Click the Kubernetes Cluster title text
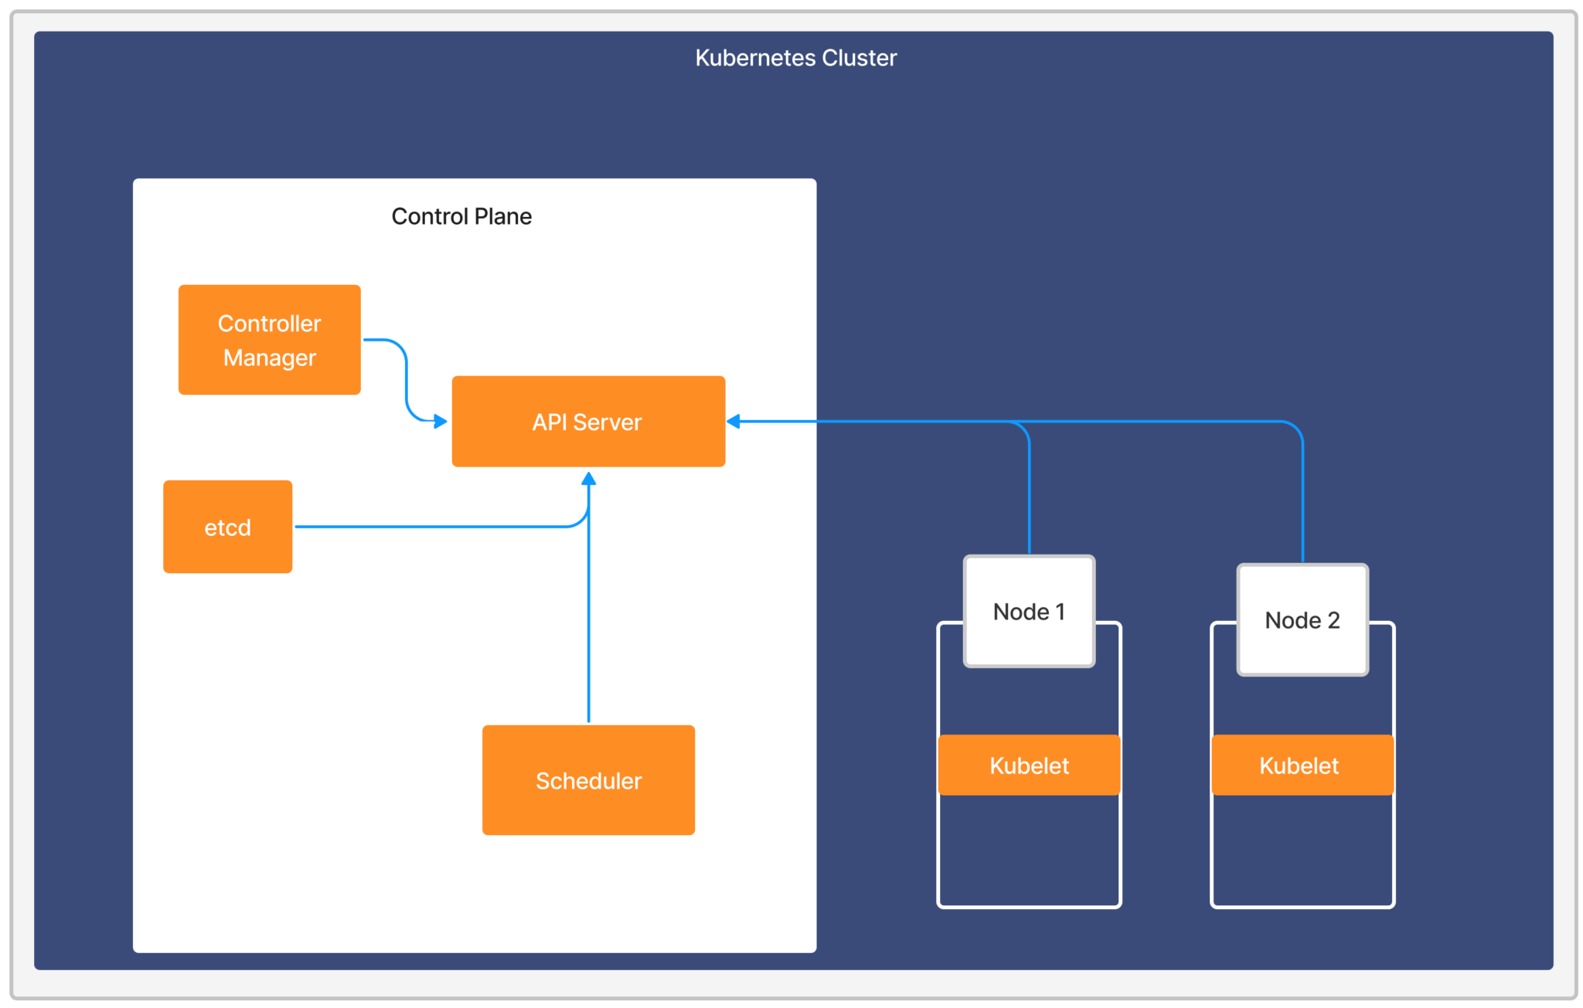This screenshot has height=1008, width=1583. pos(795,58)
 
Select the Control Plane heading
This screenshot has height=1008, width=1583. pos(461,216)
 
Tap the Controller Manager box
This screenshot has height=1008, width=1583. pos(269,340)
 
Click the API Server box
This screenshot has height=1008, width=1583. pos(588,422)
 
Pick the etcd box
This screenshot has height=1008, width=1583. pos(227,527)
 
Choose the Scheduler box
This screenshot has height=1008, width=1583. pos(588,780)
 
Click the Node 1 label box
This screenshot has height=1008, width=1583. pos(1029,611)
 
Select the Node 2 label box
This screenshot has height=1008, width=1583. pos(1302,619)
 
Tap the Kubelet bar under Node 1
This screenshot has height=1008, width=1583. pos(1029,765)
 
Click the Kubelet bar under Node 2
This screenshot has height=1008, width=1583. pos(1302,765)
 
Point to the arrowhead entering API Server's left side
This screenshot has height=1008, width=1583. pos(441,421)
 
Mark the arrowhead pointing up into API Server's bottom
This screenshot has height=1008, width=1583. pos(588,479)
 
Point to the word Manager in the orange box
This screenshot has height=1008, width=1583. pos(269,358)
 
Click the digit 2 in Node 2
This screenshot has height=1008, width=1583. pos(1333,619)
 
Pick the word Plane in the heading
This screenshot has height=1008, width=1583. pos(503,216)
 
